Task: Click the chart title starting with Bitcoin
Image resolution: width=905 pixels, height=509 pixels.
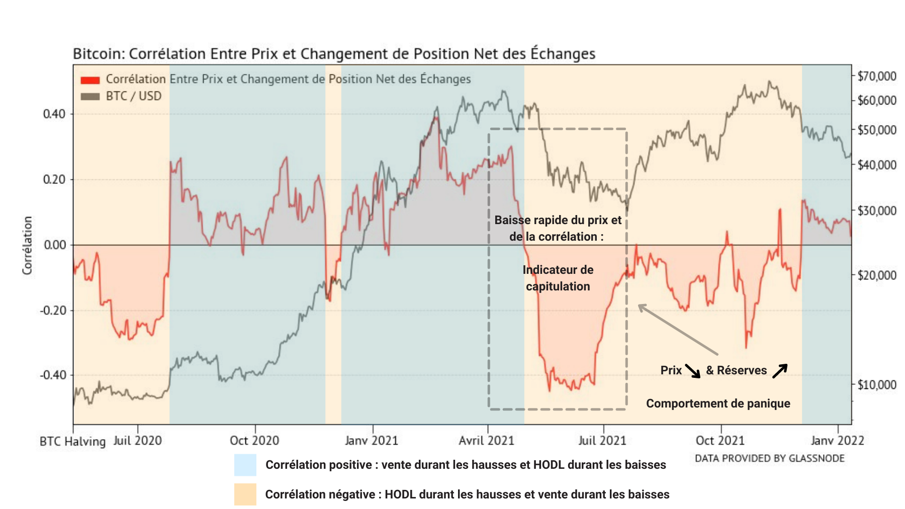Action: (334, 54)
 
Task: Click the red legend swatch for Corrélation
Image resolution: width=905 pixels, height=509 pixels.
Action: (90, 80)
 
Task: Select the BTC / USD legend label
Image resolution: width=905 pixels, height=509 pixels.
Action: (133, 96)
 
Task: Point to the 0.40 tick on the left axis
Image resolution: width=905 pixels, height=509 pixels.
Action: (54, 114)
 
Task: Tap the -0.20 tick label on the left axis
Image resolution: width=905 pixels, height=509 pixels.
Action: (53, 311)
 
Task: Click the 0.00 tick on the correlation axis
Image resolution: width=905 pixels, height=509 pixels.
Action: (54, 245)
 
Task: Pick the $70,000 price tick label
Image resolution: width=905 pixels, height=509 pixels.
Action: (877, 76)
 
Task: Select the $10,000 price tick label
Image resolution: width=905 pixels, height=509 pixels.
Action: (877, 385)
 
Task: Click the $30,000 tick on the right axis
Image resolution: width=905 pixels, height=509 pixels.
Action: (877, 211)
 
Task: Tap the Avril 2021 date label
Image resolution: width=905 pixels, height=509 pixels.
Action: (486, 441)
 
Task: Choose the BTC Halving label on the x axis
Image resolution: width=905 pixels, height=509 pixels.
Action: (72, 442)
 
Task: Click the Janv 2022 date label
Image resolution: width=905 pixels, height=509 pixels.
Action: (837, 441)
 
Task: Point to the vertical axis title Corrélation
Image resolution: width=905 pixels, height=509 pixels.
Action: (27, 245)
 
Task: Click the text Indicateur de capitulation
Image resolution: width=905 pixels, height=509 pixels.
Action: (558, 278)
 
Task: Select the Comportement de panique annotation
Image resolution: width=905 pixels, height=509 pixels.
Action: (718, 403)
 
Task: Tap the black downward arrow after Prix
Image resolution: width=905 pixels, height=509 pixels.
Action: (693, 371)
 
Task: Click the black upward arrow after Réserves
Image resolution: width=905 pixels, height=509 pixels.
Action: (780, 371)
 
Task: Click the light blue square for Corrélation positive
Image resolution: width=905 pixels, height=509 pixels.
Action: (245, 465)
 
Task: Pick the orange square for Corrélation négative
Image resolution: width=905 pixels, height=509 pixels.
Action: (245, 494)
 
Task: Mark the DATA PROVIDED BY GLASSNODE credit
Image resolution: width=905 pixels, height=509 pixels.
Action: (769, 458)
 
